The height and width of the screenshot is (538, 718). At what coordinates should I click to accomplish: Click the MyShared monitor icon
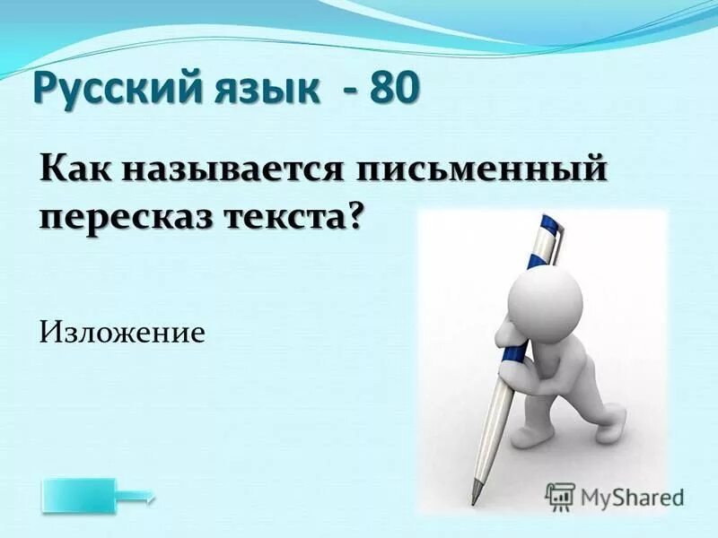tap(560, 496)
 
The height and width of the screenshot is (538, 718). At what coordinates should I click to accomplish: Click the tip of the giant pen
tap(477, 499)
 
